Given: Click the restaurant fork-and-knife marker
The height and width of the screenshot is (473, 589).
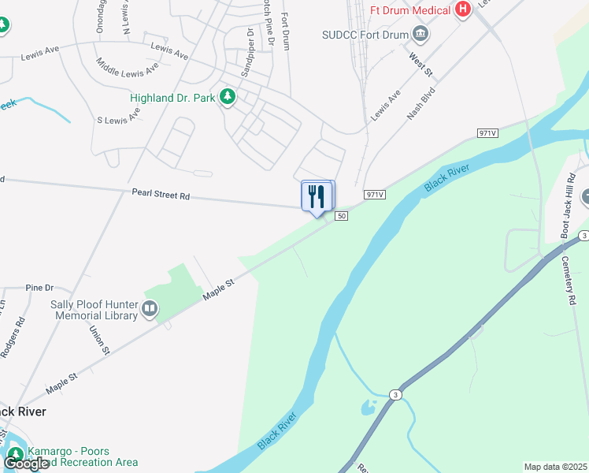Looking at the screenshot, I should tap(317, 196).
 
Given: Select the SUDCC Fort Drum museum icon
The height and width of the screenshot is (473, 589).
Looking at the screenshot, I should tap(420, 34).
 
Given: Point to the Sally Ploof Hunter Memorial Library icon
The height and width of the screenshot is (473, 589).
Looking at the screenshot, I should tap(150, 311).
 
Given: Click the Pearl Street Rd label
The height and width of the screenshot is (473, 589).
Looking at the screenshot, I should tap(161, 194).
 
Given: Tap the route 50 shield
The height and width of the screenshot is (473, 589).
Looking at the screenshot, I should tap(341, 216).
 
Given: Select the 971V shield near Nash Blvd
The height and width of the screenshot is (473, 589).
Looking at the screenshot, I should tap(487, 133).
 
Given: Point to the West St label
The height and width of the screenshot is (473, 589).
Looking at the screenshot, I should tap(420, 65).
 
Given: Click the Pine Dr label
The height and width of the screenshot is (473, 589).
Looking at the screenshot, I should tap(39, 288).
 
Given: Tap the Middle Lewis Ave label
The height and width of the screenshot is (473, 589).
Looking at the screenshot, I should tap(127, 67).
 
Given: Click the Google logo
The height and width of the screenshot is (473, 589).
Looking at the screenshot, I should tap(26, 464).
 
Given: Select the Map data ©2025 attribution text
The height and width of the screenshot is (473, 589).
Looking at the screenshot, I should tap(556, 467).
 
